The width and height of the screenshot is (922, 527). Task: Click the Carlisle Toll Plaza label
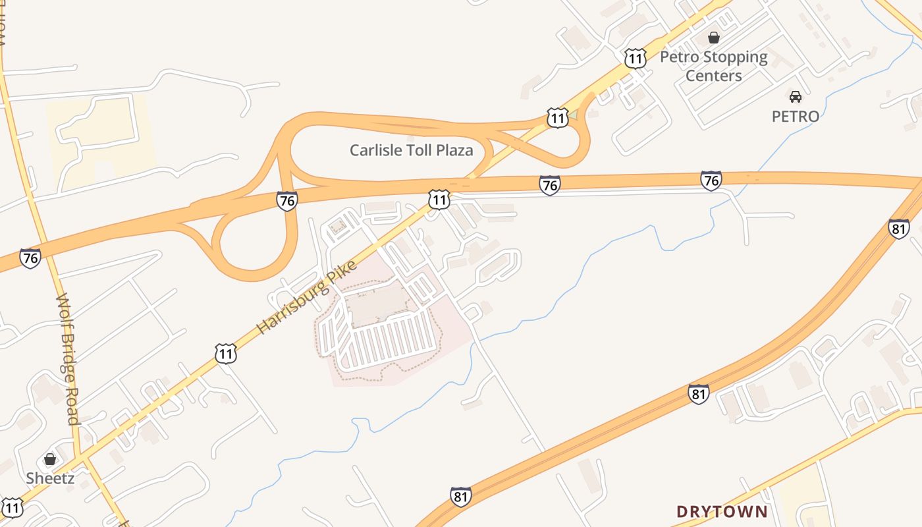click(x=411, y=150)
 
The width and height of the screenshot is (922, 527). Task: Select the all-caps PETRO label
click(x=796, y=117)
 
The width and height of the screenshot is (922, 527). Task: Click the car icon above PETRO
click(x=796, y=96)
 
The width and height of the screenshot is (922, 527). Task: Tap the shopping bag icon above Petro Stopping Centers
click(x=713, y=38)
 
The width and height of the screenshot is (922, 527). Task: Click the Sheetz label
click(x=50, y=478)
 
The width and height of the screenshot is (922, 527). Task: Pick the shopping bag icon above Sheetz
click(x=50, y=459)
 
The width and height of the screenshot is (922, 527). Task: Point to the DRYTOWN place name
click(x=722, y=511)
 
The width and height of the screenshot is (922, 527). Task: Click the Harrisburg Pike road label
click(x=306, y=297)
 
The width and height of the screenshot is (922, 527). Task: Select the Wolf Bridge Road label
click(x=67, y=359)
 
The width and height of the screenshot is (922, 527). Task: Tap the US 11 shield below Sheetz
click(x=13, y=508)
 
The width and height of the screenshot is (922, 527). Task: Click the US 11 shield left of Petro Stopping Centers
click(x=635, y=58)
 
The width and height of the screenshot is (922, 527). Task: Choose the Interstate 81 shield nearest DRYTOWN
click(x=699, y=394)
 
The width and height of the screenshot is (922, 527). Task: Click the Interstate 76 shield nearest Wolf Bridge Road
click(x=30, y=258)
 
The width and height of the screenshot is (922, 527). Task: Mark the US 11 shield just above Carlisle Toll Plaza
click(x=557, y=119)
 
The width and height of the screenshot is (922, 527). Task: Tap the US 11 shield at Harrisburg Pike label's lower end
click(x=225, y=354)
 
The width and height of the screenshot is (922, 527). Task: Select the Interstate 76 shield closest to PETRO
click(x=711, y=180)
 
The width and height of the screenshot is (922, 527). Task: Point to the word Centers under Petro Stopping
click(x=713, y=76)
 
